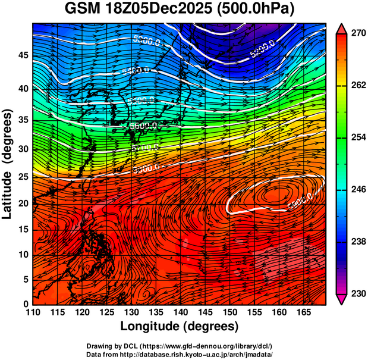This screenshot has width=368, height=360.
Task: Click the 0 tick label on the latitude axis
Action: point(26,304)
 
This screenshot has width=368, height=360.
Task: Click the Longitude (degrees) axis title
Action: point(180,326)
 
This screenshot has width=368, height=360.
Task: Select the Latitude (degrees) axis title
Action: point(8,164)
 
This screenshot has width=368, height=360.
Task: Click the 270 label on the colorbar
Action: point(357,34)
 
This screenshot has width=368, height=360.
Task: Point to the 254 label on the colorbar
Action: point(357,138)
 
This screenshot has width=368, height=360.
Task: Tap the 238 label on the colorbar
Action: point(357,242)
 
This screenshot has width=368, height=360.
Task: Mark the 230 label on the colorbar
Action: point(357,294)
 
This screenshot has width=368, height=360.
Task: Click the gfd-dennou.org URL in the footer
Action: point(206,346)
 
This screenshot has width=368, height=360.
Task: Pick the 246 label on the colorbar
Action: point(357,190)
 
